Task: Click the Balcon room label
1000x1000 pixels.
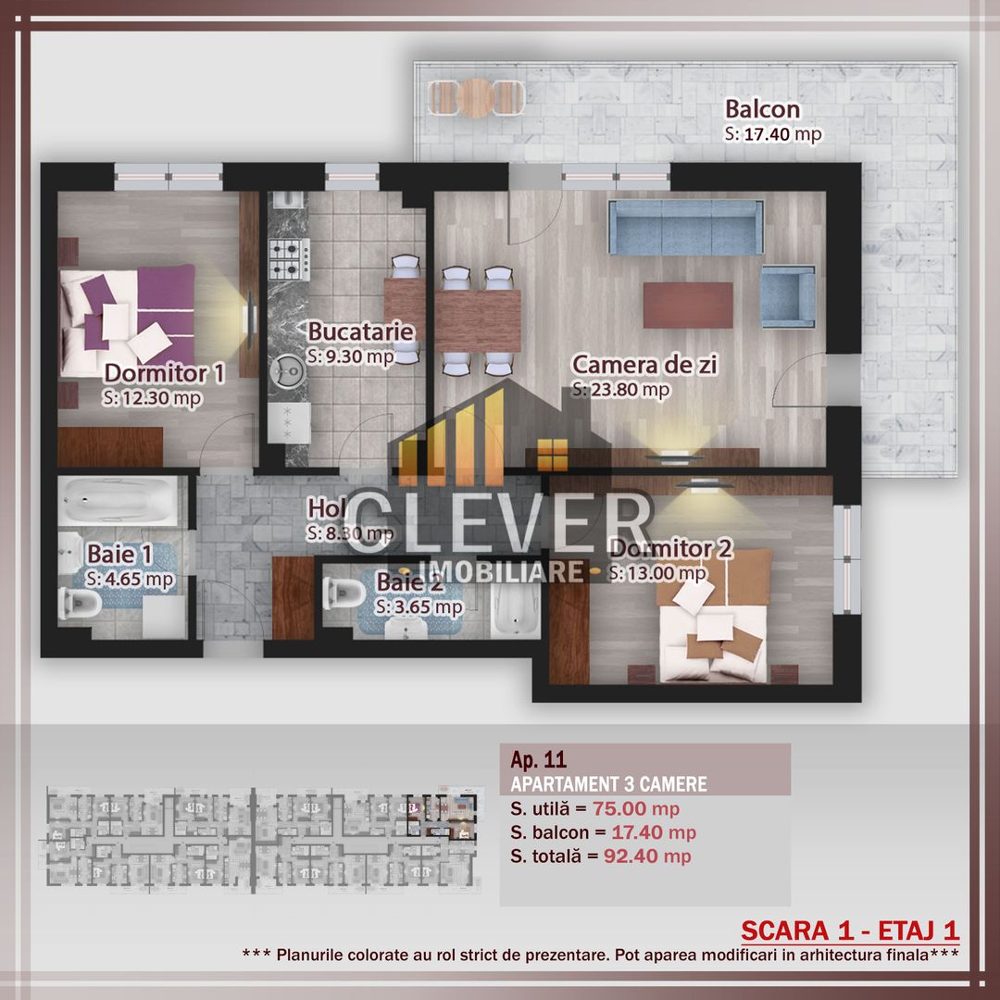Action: coord(762,109)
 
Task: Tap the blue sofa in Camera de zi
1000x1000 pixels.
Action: coord(685,228)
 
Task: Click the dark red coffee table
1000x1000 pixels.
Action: coord(688,305)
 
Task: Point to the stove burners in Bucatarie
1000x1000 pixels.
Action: coord(289,259)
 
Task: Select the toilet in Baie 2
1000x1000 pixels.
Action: coord(341,593)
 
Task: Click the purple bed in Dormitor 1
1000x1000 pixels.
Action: coord(128,315)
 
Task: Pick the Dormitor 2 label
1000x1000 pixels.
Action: coord(671,549)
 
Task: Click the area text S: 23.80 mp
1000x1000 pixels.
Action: coord(620,390)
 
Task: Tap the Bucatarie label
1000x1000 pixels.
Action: coord(361,331)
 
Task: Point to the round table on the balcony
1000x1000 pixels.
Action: coord(477,95)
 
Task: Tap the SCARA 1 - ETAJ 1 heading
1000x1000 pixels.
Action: coord(850,930)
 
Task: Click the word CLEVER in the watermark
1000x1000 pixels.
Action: coord(500,523)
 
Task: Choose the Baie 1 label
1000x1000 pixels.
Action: coord(120,554)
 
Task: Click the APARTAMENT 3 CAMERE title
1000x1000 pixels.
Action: coord(608,784)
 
